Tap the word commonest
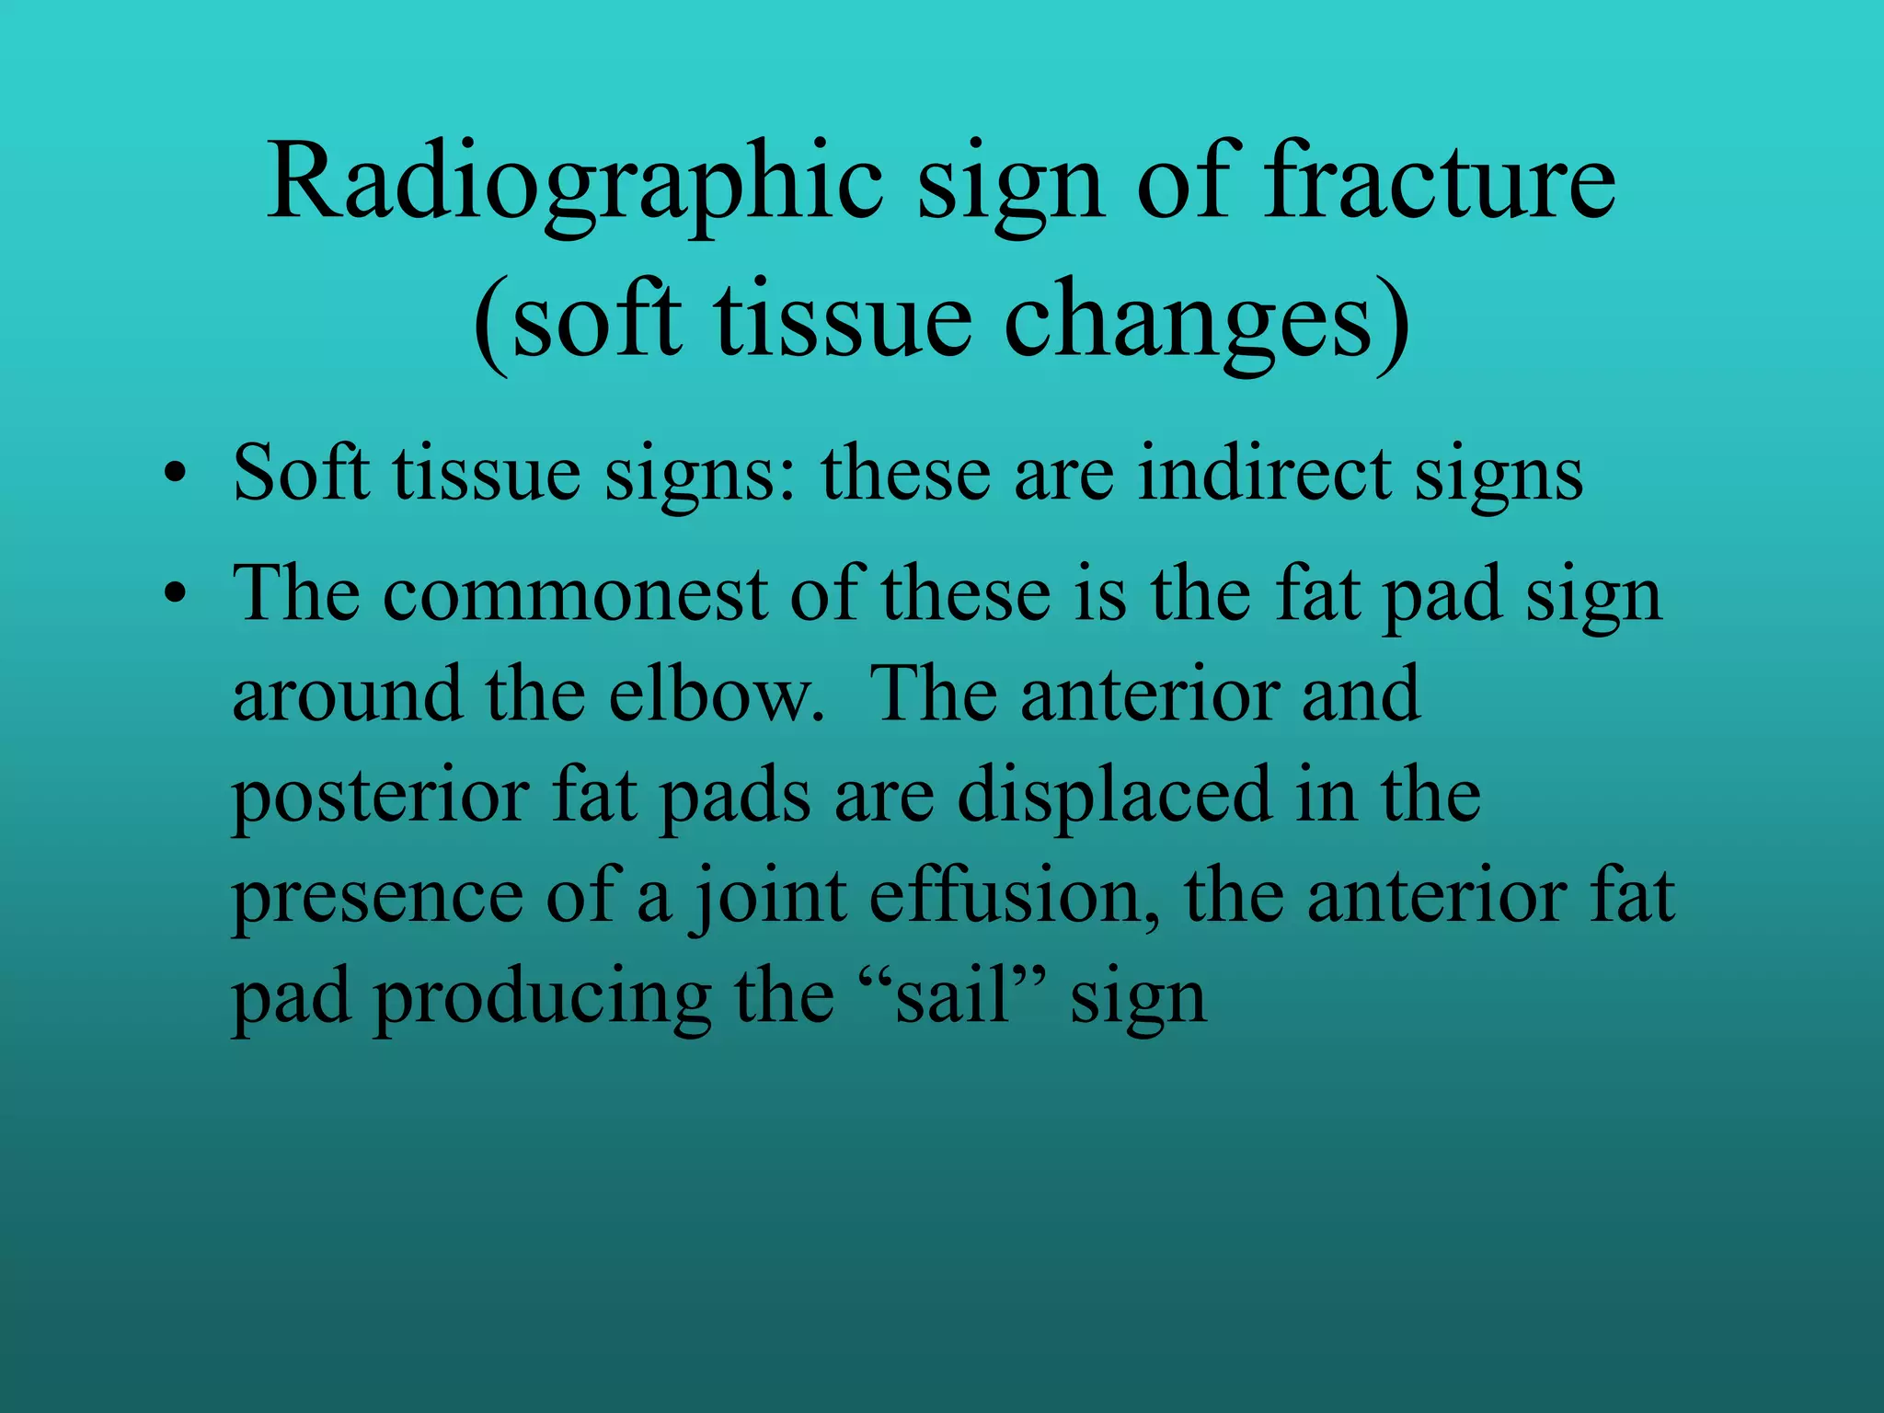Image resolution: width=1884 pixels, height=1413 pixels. (575, 594)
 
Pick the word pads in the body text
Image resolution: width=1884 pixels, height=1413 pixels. (736, 797)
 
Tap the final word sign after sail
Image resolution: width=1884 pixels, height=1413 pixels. (1138, 1001)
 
